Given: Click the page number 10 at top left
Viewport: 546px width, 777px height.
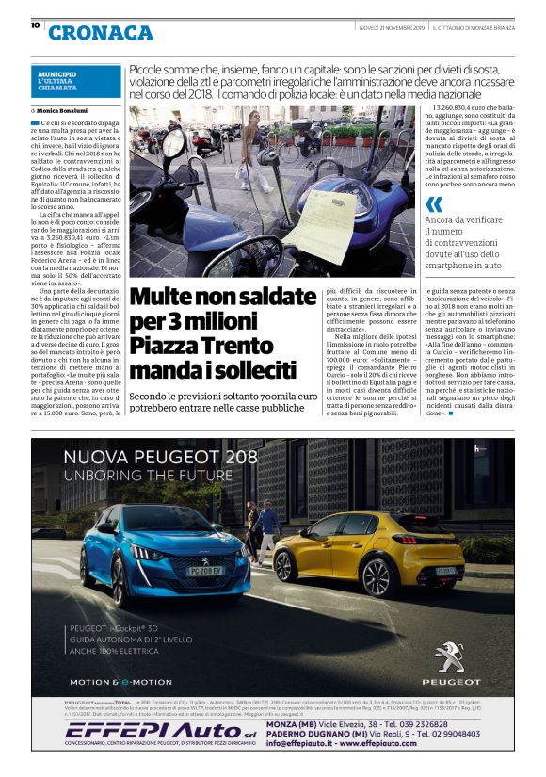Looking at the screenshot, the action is (x=35, y=25).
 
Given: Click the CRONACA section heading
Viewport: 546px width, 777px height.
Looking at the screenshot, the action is (x=101, y=32).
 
